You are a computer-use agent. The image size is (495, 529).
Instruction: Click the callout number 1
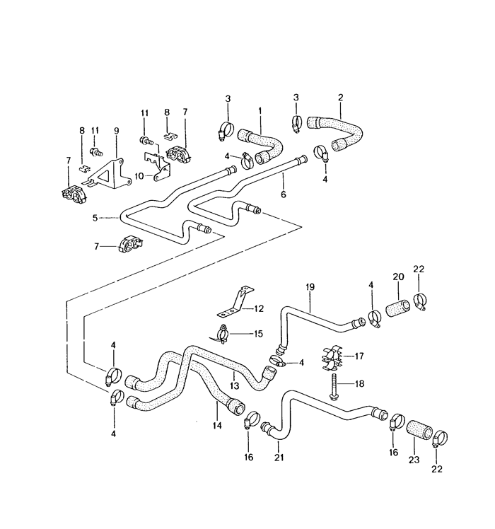[260, 111]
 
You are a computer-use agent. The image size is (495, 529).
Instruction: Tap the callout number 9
[117, 131]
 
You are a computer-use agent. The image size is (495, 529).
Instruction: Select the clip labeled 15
[221, 332]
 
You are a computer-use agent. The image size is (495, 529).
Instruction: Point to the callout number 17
[360, 356]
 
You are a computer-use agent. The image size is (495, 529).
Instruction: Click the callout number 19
[310, 288]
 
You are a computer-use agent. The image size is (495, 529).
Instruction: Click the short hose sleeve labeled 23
[422, 430]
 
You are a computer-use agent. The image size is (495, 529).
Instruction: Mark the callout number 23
[414, 459]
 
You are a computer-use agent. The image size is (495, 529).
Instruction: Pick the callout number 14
[216, 426]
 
